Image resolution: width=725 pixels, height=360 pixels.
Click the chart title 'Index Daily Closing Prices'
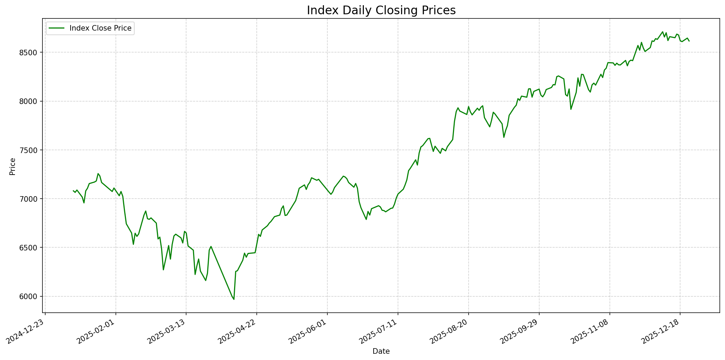point(381,10)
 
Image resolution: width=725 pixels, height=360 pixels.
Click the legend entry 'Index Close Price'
point(100,28)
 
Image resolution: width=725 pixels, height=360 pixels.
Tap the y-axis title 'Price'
point(13,166)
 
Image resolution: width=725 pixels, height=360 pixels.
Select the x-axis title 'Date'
point(381,351)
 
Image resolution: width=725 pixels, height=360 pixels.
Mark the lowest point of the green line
point(234,299)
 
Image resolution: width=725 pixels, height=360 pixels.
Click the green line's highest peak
point(662,32)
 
